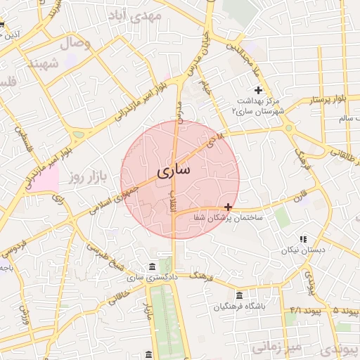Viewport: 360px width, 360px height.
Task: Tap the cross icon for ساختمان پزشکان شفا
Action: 228,207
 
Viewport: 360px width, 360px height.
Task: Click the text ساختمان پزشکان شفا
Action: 229,218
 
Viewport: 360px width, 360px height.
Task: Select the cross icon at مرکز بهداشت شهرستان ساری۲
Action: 258,90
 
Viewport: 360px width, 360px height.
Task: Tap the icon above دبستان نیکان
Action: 303,240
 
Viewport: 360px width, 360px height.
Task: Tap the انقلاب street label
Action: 175,204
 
